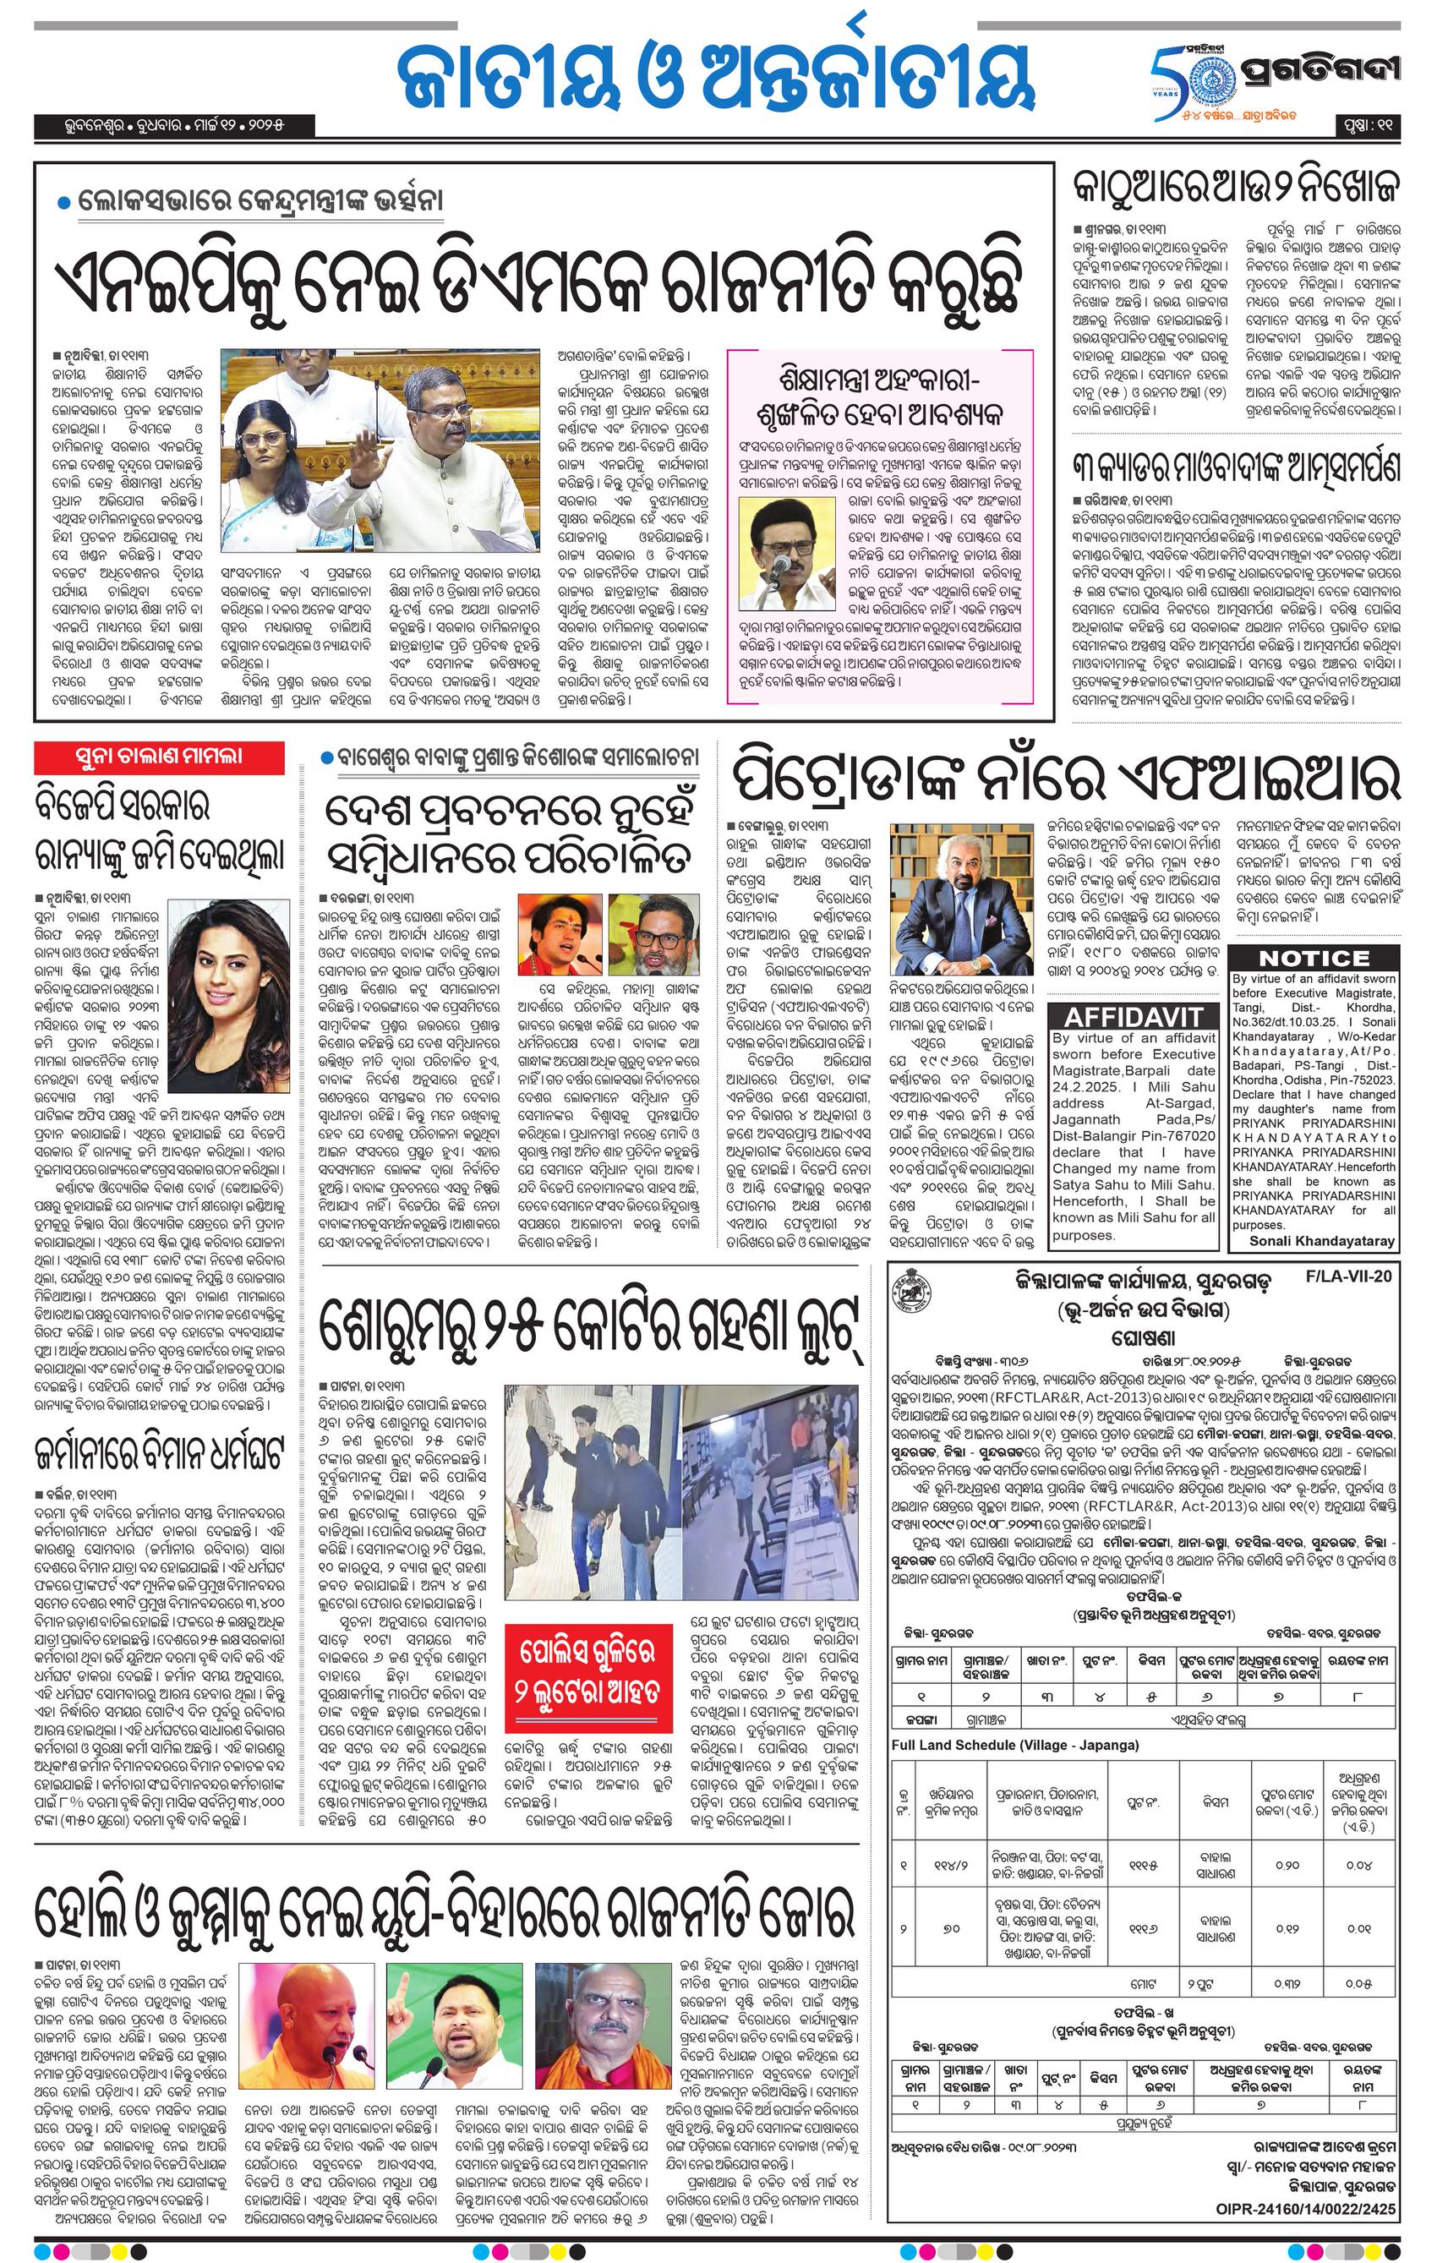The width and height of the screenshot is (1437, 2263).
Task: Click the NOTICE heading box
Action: [x=1313, y=958]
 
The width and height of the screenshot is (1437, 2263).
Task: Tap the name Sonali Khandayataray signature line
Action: [x=1321, y=1240]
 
